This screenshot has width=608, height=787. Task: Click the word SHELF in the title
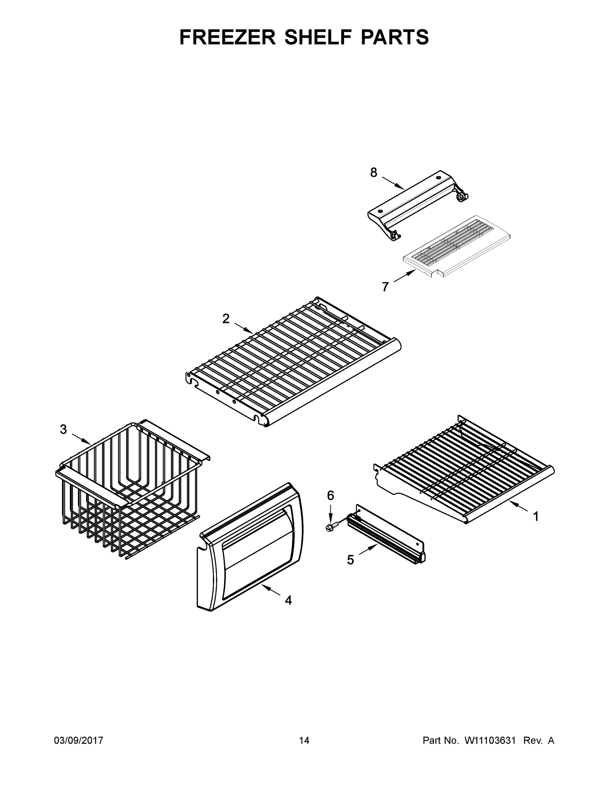click(x=318, y=37)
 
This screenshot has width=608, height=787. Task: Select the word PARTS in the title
click(x=395, y=37)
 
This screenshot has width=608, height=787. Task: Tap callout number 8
click(x=374, y=173)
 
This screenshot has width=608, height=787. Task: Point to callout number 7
click(x=385, y=287)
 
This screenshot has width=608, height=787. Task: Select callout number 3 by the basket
click(x=63, y=429)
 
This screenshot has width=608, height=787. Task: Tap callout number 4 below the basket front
click(x=288, y=600)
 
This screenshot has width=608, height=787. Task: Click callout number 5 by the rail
click(x=350, y=560)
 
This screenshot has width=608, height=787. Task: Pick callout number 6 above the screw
click(x=330, y=496)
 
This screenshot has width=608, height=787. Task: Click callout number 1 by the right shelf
click(x=536, y=517)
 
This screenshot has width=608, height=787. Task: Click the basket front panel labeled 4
click(x=252, y=548)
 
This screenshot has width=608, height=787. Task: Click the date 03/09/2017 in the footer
click(x=79, y=740)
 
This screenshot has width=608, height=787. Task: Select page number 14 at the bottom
click(x=304, y=740)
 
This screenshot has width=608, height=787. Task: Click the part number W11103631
click(x=490, y=740)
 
